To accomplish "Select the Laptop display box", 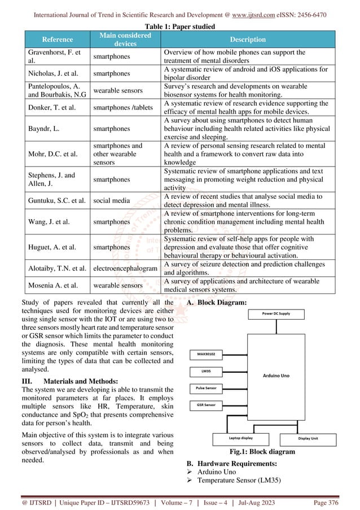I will click(x=240, y=437).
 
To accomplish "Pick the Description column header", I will click(x=251, y=40).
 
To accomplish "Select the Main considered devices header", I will click(x=125, y=40).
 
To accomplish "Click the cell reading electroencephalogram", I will click(x=125, y=269).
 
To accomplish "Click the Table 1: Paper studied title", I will click(x=179, y=26).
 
